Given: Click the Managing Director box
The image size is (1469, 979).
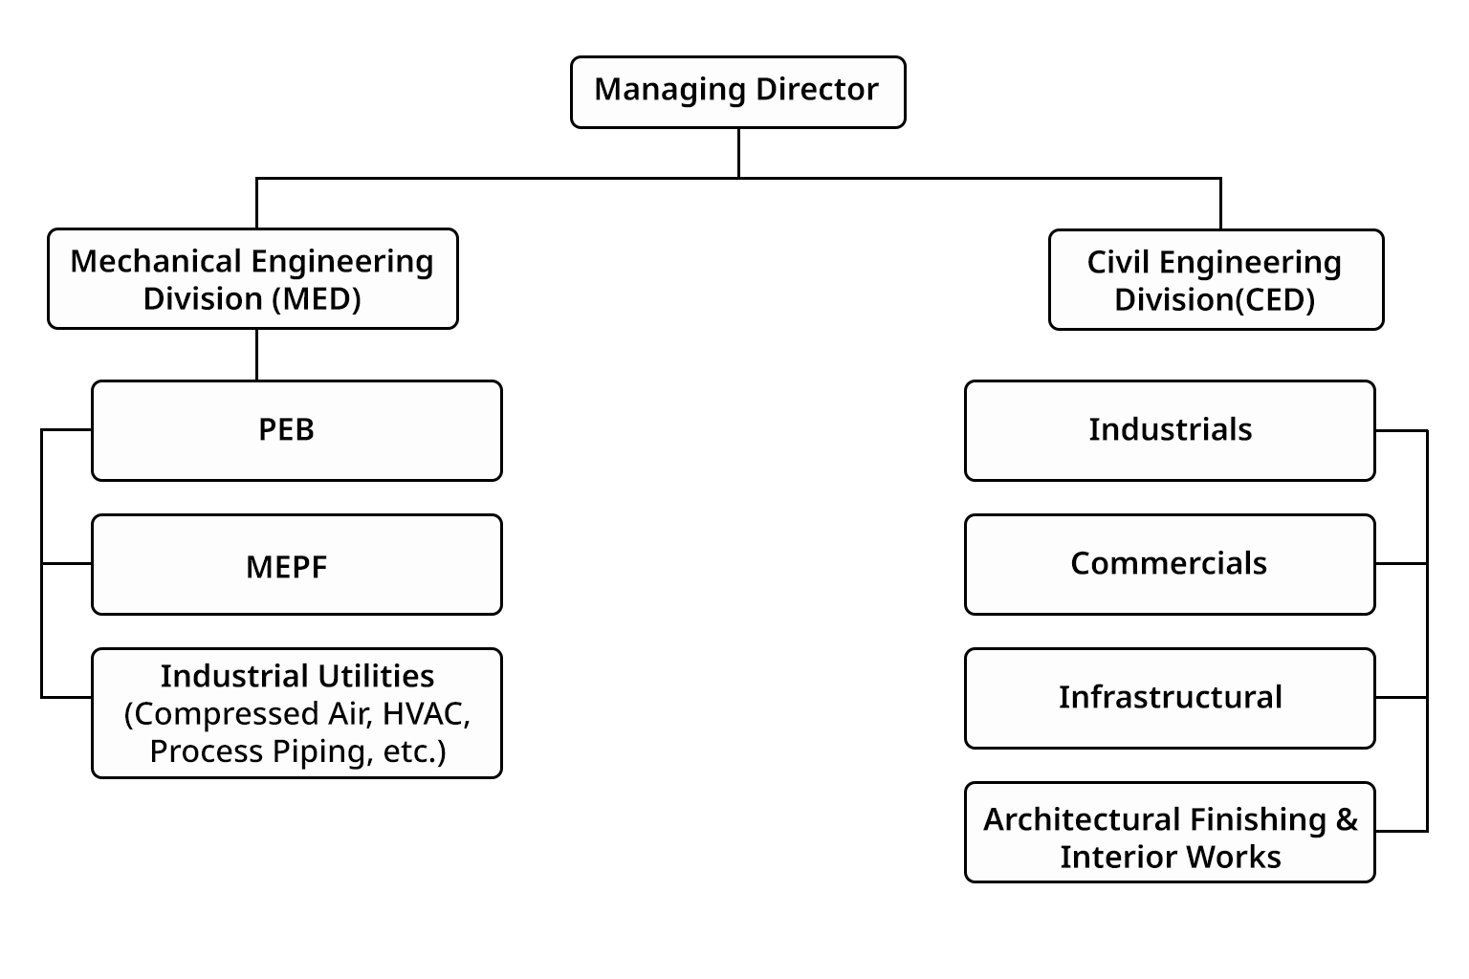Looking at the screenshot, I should pyautogui.click(x=737, y=92).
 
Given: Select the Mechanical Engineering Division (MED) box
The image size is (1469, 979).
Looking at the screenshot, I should pyautogui.click(x=252, y=279).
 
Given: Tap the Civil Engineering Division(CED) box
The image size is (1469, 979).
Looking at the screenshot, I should pyautogui.click(x=1216, y=280).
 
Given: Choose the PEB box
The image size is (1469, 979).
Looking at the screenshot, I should pyautogui.click(x=296, y=430).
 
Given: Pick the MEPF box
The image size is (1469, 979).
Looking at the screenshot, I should pyautogui.click(x=296, y=565).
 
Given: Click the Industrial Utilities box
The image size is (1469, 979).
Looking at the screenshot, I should pyautogui.click(x=296, y=713).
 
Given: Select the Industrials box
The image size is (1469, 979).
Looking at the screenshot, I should pyautogui.click(x=1170, y=430).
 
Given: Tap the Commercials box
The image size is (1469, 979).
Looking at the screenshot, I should pyautogui.click(x=1170, y=564).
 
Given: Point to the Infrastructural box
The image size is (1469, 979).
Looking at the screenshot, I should pyautogui.click(x=1170, y=698).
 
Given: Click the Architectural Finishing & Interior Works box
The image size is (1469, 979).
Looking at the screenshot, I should pyautogui.click(x=1170, y=833).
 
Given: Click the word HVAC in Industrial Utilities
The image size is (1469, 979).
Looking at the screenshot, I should pyautogui.click(x=426, y=714).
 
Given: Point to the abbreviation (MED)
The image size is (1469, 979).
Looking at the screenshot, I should pyautogui.click(x=317, y=299).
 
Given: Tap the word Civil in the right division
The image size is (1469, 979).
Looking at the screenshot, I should pyautogui.click(x=1117, y=262).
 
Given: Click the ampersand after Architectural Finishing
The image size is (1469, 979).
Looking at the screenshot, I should pyautogui.click(x=1347, y=819).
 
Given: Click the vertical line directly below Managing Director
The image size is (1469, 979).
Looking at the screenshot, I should pyautogui.click(x=738, y=153).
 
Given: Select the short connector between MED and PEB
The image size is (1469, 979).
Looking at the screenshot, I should pyautogui.click(x=256, y=355).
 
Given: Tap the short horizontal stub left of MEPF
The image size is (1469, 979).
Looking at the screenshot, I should pyautogui.click(x=67, y=564).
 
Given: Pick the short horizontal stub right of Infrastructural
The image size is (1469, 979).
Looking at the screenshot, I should pyautogui.click(x=1401, y=698).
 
